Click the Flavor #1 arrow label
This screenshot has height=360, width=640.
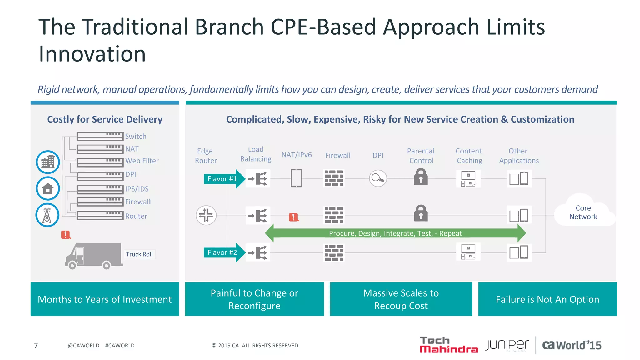pos(222,179)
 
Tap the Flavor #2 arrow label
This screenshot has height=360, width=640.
pos(222,252)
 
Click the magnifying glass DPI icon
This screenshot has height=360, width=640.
pos(378,178)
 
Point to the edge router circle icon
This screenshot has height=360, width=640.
pos(206,215)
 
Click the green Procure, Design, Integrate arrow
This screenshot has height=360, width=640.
pos(395,233)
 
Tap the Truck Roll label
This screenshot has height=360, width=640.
pos(139,254)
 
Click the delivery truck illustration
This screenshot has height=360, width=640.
pos(93,256)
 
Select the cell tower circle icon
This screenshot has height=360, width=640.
pos(47,215)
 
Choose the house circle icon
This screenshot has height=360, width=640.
pos(48,188)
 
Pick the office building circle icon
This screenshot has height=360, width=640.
pos(48,162)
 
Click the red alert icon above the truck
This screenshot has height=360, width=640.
pos(66,235)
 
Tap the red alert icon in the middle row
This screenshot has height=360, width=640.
pos(293,217)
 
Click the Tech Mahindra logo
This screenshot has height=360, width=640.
pos(448,345)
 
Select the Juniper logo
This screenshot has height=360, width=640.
pos(507,345)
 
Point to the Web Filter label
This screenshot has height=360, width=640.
pos(142,161)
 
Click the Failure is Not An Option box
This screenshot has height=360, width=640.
pos(547,299)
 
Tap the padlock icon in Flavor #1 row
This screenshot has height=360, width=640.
pos(421,177)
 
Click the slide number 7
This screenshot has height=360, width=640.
pos(36,345)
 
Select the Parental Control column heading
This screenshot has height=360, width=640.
pos(421,156)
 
